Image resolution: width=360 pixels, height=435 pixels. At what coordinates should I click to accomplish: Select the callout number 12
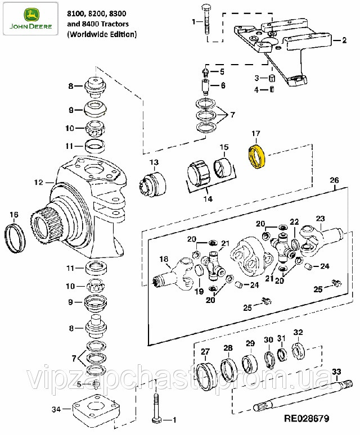tap(38, 182)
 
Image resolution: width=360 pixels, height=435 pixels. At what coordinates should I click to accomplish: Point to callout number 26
tap(334, 180)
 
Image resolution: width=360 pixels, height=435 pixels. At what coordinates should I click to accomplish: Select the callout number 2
tap(344, 40)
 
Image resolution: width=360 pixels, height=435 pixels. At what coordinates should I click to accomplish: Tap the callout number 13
tap(154, 162)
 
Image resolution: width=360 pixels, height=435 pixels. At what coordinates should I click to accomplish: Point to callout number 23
tap(320, 219)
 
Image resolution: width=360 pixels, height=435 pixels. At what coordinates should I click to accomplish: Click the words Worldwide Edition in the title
tap(102, 34)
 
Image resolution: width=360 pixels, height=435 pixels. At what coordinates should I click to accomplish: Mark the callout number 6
tap(222, 85)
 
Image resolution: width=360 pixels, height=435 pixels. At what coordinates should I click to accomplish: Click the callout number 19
tap(199, 292)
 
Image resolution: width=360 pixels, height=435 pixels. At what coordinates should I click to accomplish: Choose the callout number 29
tap(250, 343)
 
